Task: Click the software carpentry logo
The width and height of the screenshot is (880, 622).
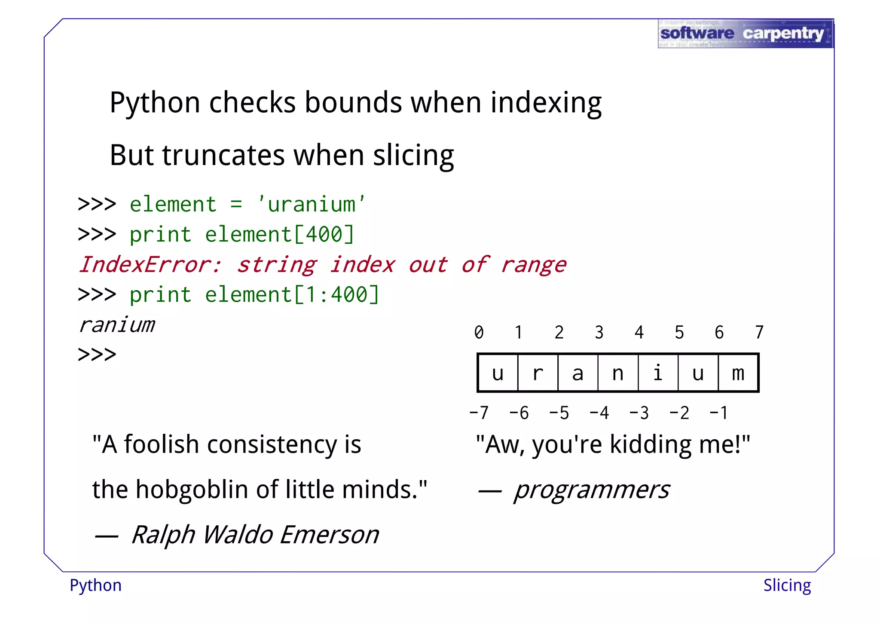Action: click(x=745, y=34)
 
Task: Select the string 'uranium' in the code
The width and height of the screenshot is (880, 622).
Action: click(x=312, y=204)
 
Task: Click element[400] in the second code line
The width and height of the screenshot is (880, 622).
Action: click(x=279, y=235)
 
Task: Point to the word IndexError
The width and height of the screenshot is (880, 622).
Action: click(x=150, y=264)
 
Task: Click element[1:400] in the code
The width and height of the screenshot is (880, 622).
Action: click(x=292, y=295)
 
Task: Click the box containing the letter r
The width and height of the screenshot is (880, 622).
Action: click(x=538, y=373)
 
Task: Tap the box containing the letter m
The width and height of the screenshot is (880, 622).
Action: click(x=738, y=373)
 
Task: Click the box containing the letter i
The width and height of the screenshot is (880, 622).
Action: click(x=658, y=373)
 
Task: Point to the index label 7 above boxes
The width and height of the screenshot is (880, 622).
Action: click(x=759, y=332)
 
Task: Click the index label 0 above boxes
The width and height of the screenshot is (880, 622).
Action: click(x=479, y=332)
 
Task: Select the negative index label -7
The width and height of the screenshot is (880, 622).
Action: click(x=479, y=413)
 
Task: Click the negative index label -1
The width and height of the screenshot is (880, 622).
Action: click(x=718, y=413)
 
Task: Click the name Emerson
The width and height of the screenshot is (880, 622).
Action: click(x=330, y=535)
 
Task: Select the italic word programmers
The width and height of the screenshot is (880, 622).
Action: click(x=591, y=490)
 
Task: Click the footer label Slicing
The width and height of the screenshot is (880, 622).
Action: click(x=787, y=585)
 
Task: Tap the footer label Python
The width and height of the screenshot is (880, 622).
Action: click(x=95, y=585)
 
